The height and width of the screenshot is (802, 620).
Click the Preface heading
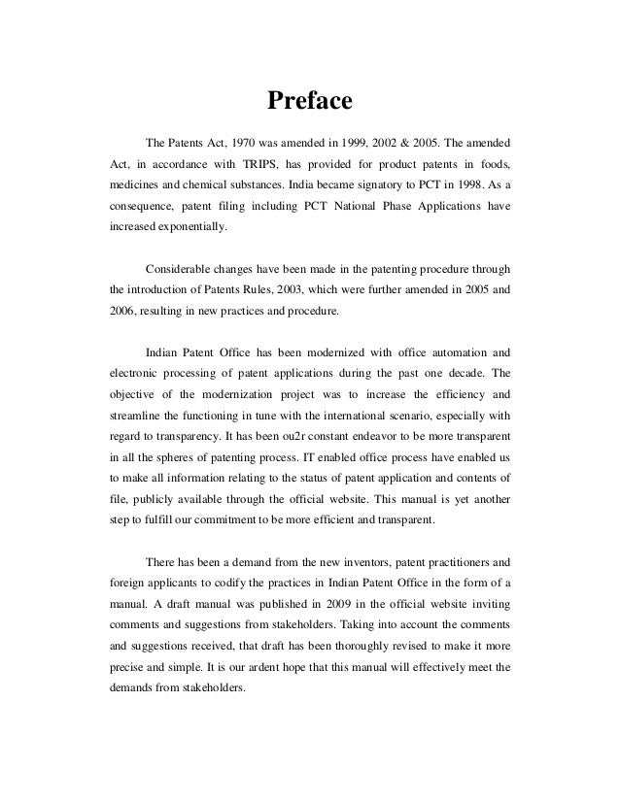tap(308, 100)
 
